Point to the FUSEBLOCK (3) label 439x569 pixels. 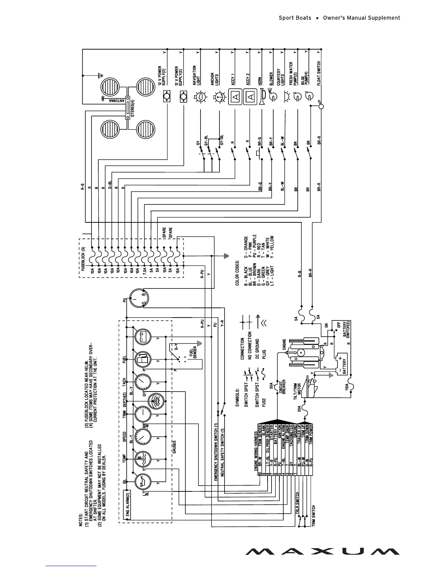pos(82,259)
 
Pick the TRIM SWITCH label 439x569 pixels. pos(313,516)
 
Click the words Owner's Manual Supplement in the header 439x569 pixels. pos(362,18)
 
